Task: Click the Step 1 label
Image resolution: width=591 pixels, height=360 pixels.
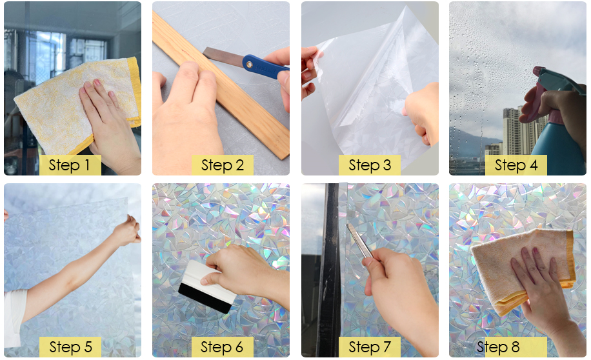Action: (70, 165)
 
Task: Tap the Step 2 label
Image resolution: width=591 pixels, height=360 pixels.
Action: (222, 165)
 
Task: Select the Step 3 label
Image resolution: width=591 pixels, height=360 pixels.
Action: (369, 165)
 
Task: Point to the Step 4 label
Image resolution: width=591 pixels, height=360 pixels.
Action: (516, 165)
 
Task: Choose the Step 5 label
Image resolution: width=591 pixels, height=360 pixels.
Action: (70, 347)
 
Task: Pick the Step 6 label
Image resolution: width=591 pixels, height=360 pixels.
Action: (222, 347)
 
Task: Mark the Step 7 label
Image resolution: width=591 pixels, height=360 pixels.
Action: (369, 347)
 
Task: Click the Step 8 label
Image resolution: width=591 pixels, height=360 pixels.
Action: (498, 347)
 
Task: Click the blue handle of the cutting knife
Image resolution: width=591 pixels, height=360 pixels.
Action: (264, 66)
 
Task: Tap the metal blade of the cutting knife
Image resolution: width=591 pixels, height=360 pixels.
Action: (223, 55)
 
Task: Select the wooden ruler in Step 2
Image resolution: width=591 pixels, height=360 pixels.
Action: (220, 85)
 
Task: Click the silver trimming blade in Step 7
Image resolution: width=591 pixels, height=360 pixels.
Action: (359, 241)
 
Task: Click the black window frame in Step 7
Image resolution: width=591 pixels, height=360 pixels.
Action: (328, 270)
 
